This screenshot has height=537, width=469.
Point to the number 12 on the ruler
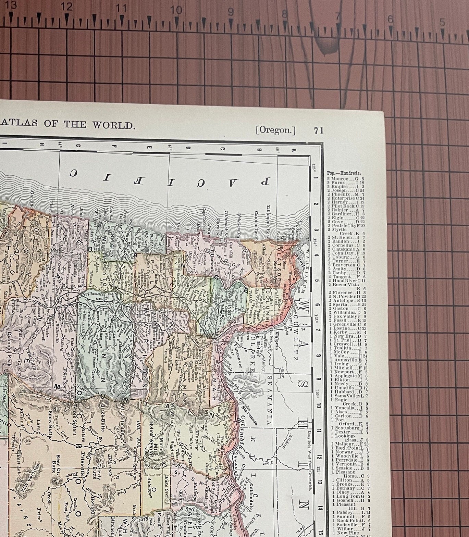[66, 7]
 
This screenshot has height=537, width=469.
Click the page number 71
[318, 130]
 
